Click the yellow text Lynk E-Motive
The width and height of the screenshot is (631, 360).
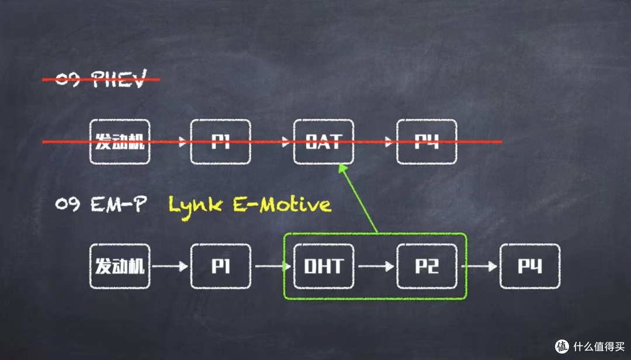249,206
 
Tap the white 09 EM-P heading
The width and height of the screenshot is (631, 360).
100,204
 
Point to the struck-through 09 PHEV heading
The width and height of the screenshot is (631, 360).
100,79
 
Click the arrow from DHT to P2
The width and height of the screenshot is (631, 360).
376,266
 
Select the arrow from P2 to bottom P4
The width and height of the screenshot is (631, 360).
479,266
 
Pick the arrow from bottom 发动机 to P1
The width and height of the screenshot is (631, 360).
170,266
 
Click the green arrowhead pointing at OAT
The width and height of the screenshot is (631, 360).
343,168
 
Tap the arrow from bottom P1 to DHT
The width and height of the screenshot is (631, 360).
273,266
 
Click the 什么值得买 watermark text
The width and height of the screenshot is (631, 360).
599,347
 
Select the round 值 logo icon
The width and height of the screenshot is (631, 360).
562,347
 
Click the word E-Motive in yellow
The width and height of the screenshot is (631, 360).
282,205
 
